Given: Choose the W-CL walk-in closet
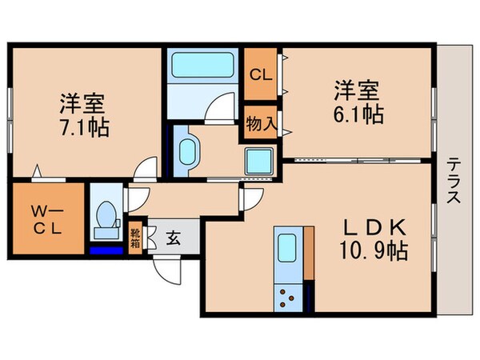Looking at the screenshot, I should [46, 218].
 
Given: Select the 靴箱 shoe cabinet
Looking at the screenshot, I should [136, 237].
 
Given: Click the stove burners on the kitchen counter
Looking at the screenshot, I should [287, 298].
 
